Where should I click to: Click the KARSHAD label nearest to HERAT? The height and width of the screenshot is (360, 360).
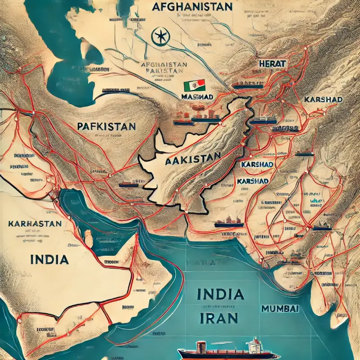pos(323,99)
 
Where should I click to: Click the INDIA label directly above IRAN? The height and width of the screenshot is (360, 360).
pos(220,295)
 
